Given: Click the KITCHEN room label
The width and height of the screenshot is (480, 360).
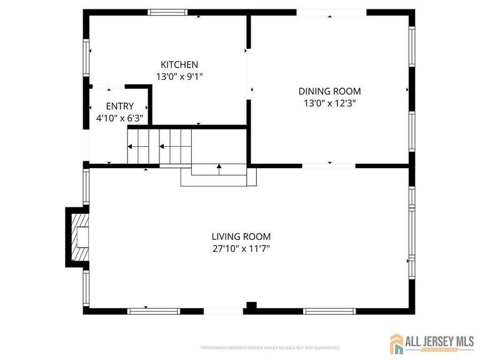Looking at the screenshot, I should tap(179, 64).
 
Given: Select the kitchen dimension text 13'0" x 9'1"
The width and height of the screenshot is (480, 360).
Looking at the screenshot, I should tap(179, 76).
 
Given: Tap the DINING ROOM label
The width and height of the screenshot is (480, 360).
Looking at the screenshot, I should tap(329, 91).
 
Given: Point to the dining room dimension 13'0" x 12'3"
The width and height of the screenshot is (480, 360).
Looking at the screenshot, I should tap(329, 103).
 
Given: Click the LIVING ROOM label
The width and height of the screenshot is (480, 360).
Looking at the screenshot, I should tap(241, 236).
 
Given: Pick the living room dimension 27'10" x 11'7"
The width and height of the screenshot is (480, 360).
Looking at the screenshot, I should tap(241, 248).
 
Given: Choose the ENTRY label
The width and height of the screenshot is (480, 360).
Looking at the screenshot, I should tap(119, 106).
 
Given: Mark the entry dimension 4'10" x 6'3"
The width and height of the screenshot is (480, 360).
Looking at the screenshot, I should tap(119, 117).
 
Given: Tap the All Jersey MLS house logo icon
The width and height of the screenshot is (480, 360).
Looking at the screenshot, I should tap(396, 343).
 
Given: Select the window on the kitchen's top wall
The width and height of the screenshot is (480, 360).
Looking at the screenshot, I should tap(167, 12).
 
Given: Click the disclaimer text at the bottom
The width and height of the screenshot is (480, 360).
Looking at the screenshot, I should tap(270, 347).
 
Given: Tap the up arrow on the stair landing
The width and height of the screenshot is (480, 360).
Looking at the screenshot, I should tap(219, 167).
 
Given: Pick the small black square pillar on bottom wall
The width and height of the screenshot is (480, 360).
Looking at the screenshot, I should tap(251, 306).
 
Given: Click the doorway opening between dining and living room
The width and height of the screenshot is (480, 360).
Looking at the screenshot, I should tap(329, 166).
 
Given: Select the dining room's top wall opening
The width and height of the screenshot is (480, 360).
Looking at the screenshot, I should tap(331, 12).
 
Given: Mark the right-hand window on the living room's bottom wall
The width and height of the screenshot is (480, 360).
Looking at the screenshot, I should tap(329, 311).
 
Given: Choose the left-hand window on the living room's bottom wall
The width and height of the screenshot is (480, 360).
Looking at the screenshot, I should tap(146, 311).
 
